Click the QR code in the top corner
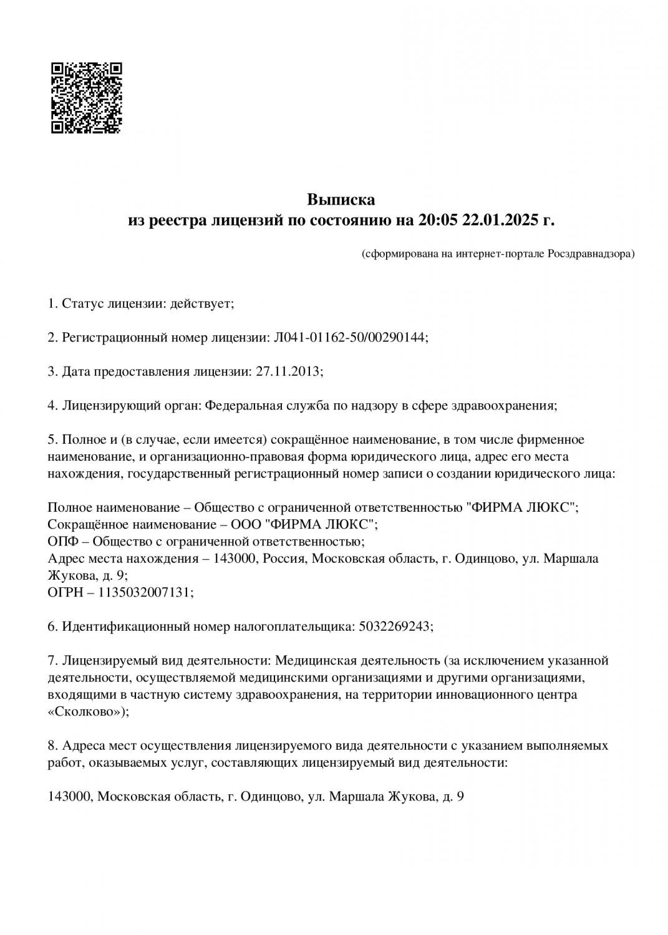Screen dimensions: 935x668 pos(85,98)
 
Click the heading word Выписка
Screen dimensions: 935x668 pos(341,200)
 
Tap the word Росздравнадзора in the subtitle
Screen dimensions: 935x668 pos(589,254)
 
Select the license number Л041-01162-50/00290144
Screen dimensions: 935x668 pos(349,337)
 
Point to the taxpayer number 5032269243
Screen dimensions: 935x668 pos(394,626)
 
